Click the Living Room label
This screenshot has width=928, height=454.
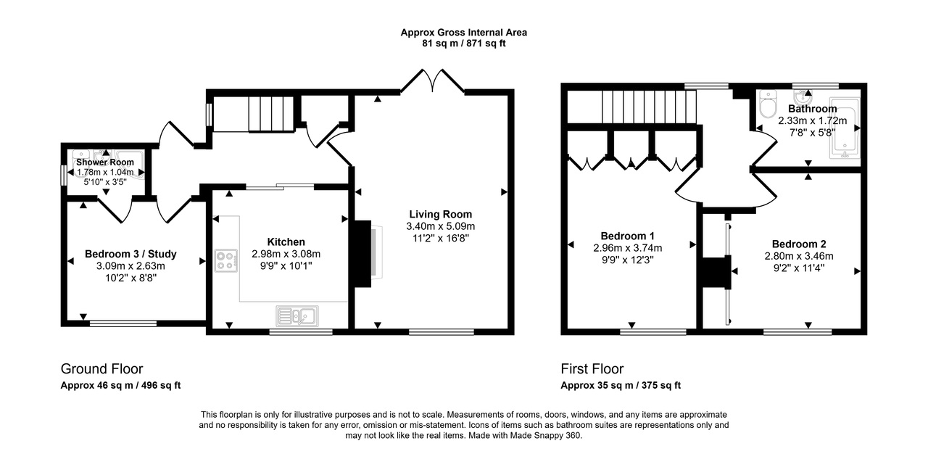click(x=440, y=214)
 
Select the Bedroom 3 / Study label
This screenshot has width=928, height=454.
click(x=130, y=254)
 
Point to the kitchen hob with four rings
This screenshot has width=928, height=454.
click(x=226, y=260)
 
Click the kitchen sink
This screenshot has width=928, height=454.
click(x=297, y=315)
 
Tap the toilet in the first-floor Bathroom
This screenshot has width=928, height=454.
click(x=766, y=105)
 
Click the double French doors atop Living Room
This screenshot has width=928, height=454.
click(x=433, y=81)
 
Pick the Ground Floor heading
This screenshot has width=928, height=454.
click(x=101, y=368)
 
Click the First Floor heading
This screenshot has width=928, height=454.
click(x=592, y=368)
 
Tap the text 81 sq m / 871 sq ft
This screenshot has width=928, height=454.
click(x=464, y=44)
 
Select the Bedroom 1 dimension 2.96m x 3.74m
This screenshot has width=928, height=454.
click(x=628, y=247)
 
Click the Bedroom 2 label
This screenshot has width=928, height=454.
click(x=798, y=244)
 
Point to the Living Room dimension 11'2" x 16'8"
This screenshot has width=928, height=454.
click(x=440, y=238)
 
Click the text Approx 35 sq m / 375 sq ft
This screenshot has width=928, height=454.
click(x=621, y=386)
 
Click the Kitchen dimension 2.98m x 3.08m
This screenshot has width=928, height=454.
click(x=286, y=254)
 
